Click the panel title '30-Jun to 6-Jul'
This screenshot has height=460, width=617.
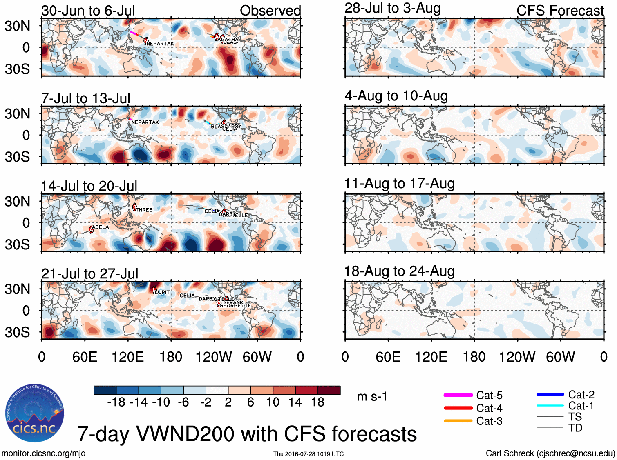88,11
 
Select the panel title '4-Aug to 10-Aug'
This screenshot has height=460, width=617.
396,96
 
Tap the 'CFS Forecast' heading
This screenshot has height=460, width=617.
560,11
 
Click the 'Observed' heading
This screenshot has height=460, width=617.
270,11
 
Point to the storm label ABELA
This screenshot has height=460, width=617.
101,227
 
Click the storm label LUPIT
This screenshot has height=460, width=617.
162,292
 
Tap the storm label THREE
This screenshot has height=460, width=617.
144,210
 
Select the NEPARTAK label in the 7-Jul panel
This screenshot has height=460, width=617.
145,122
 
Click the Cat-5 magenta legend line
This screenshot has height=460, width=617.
458,395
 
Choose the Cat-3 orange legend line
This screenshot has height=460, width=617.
458,421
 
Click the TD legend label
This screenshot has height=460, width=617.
575,428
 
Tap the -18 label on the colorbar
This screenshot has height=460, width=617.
116,402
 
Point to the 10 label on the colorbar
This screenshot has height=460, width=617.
273,402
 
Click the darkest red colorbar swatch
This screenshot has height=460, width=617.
329,390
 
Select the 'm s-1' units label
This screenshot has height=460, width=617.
372,397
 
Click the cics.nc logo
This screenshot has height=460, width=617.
35,413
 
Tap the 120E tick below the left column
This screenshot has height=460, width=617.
128,357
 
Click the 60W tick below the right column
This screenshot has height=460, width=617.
560,357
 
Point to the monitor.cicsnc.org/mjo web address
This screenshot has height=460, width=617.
44,453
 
